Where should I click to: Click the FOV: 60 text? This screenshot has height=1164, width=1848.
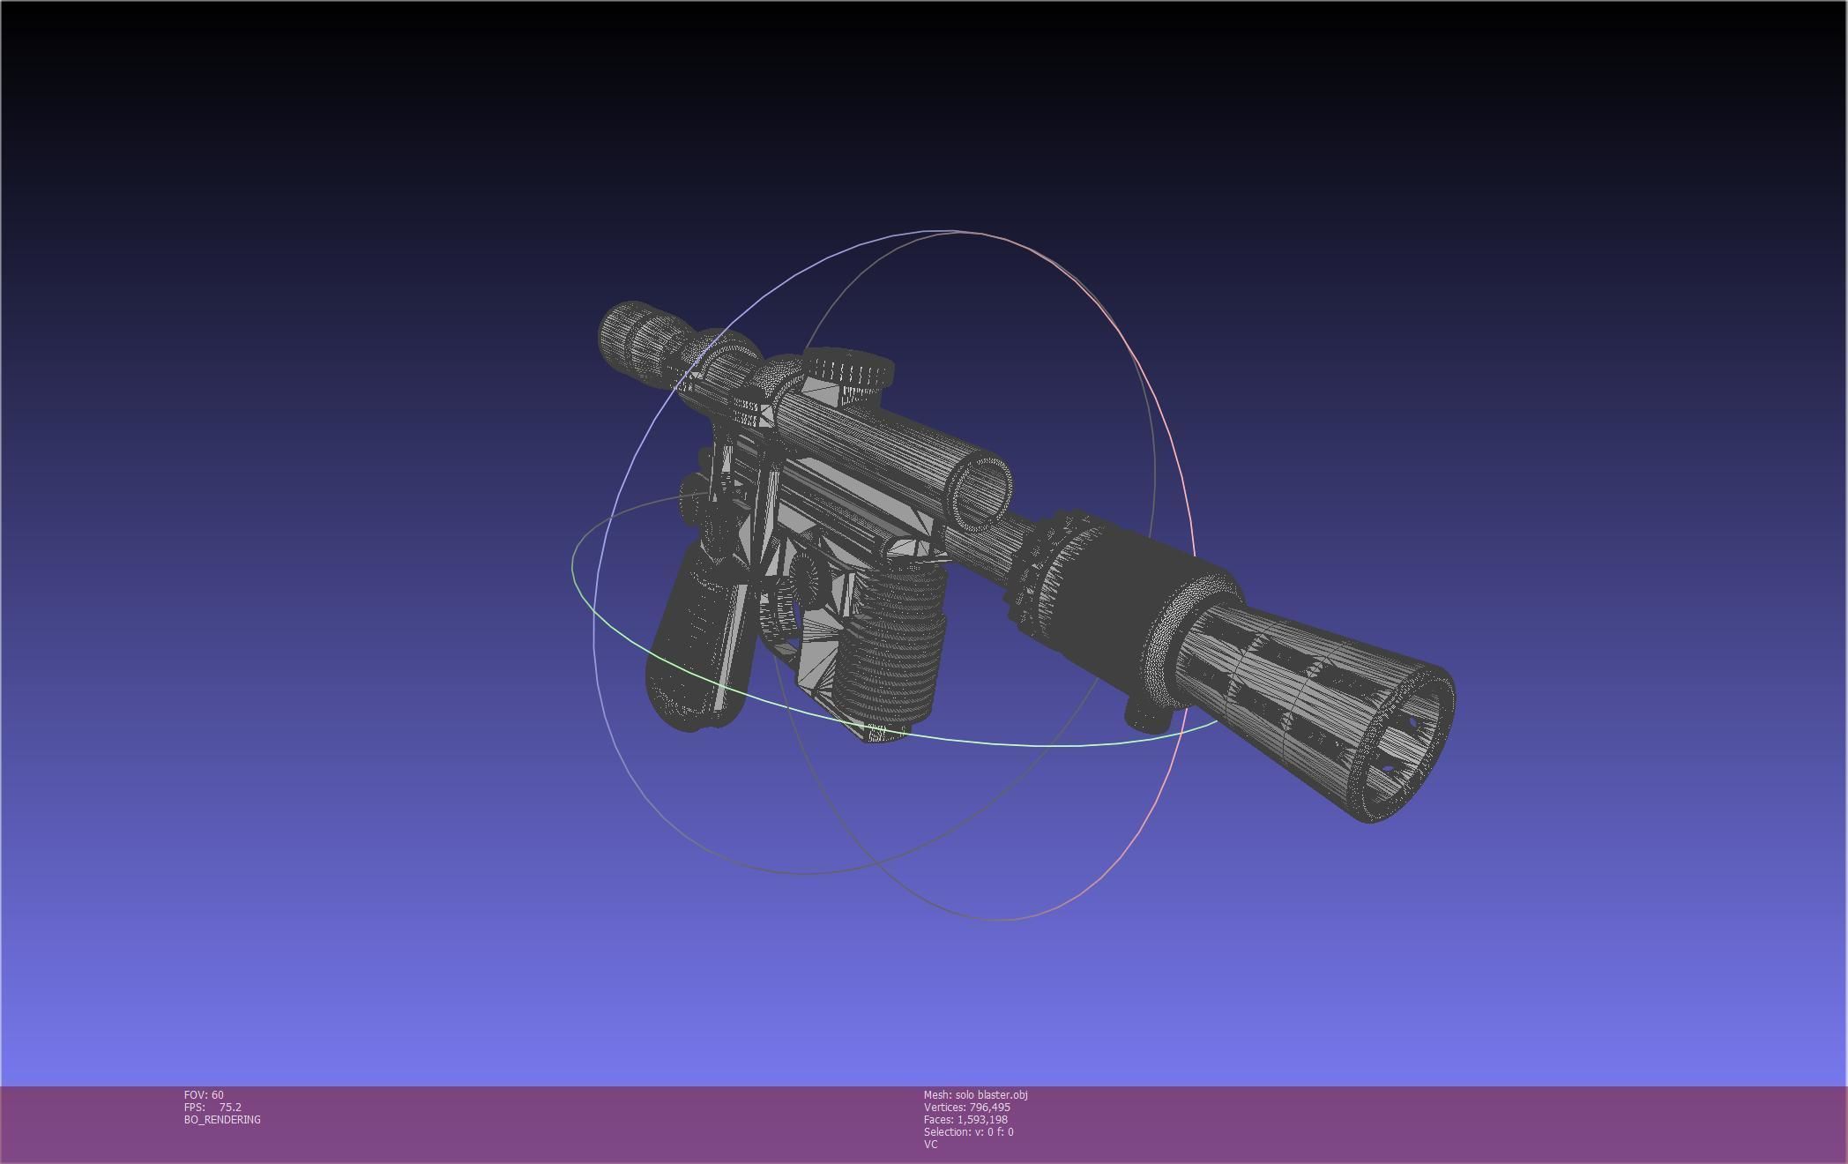[204, 1094]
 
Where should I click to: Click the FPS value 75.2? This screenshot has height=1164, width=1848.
[230, 1107]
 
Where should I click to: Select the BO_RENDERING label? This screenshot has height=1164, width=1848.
[222, 1119]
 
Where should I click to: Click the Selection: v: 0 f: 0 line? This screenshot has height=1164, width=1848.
[968, 1131]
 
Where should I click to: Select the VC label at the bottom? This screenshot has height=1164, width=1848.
[930, 1144]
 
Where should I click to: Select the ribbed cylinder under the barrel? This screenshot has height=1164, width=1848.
[890, 644]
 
